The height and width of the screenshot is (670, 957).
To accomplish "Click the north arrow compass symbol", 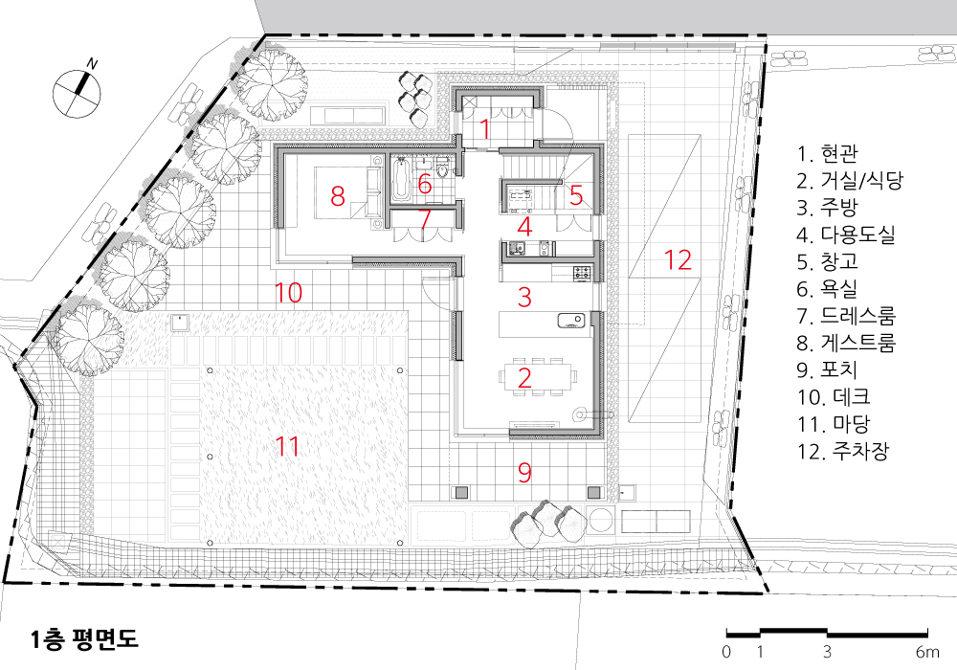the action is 77,92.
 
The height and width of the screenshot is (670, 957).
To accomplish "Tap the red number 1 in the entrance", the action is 484,129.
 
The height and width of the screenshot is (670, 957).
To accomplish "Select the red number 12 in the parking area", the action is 678,260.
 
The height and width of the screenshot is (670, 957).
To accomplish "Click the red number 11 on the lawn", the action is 287,447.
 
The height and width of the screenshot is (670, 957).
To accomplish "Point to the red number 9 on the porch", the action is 524,472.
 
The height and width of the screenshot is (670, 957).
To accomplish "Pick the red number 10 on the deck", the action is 288,293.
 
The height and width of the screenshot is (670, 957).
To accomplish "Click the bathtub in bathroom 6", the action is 401,179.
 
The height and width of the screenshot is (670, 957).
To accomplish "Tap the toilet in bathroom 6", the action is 443,167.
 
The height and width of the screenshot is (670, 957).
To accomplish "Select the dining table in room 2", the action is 538,377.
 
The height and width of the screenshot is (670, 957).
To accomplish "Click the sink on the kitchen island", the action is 570,321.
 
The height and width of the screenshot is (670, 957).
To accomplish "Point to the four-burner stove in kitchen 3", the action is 583,273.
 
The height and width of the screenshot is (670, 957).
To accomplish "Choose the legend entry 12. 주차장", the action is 843,451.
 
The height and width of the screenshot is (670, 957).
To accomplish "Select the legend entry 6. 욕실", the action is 827,288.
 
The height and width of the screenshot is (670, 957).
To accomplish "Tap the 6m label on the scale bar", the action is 927,652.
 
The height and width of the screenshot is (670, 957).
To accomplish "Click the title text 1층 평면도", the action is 85,638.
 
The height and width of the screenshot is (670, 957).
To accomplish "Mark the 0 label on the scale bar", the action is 726,652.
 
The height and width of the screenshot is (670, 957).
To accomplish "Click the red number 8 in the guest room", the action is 338,196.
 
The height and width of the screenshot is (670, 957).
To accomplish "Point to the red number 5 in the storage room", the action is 576,195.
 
